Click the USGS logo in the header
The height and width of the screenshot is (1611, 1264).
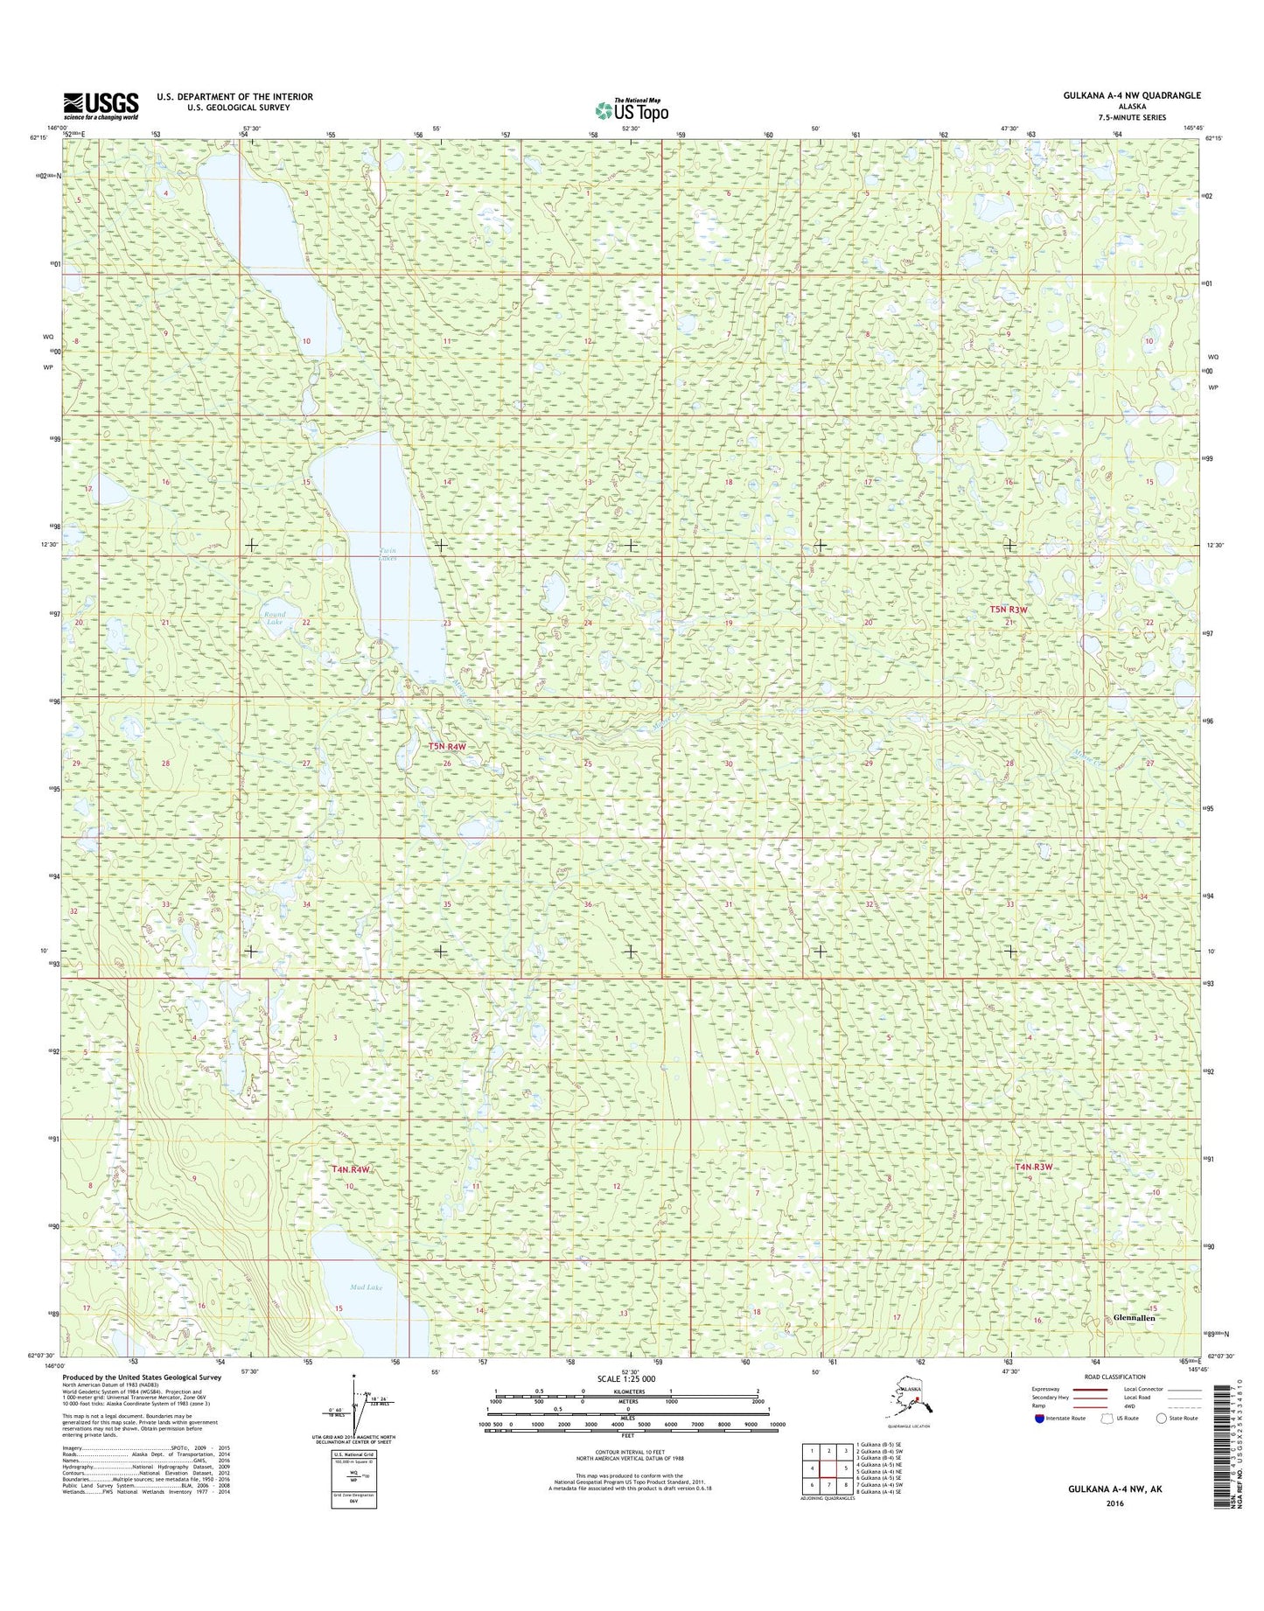(101, 106)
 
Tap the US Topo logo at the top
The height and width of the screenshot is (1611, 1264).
(632, 110)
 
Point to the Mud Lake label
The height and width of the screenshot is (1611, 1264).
(367, 1287)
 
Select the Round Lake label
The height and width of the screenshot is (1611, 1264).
(274, 618)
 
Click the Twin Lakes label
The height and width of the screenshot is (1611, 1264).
(388, 554)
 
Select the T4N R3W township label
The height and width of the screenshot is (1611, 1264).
(1033, 1167)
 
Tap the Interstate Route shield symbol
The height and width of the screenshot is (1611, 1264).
(1038, 1418)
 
